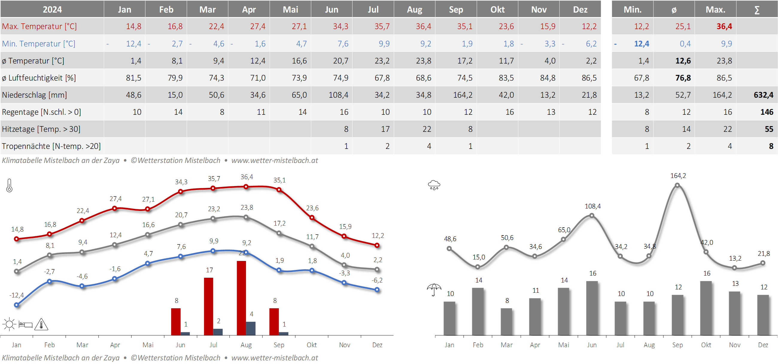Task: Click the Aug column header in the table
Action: click(414, 9)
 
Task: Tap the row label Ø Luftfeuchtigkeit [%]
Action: click(39, 78)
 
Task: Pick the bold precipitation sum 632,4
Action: click(763, 95)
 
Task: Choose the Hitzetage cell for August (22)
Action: click(426, 129)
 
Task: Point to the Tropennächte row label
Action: click(51, 146)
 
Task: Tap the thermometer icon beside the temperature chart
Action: click(9, 185)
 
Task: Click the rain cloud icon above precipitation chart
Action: click(434, 185)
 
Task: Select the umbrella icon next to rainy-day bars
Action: click(434, 289)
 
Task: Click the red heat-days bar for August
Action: click(241, 298)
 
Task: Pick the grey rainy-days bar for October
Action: click(706, 308)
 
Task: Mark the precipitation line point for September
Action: click(677, 185)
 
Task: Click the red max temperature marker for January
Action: click(17, 239)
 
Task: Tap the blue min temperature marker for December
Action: click(377, 290)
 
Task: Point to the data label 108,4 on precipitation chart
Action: click(592, 206)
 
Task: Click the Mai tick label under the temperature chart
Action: click(148, 345)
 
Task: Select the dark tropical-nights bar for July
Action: click(218, 332)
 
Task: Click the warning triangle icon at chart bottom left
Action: click(41, 324)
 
